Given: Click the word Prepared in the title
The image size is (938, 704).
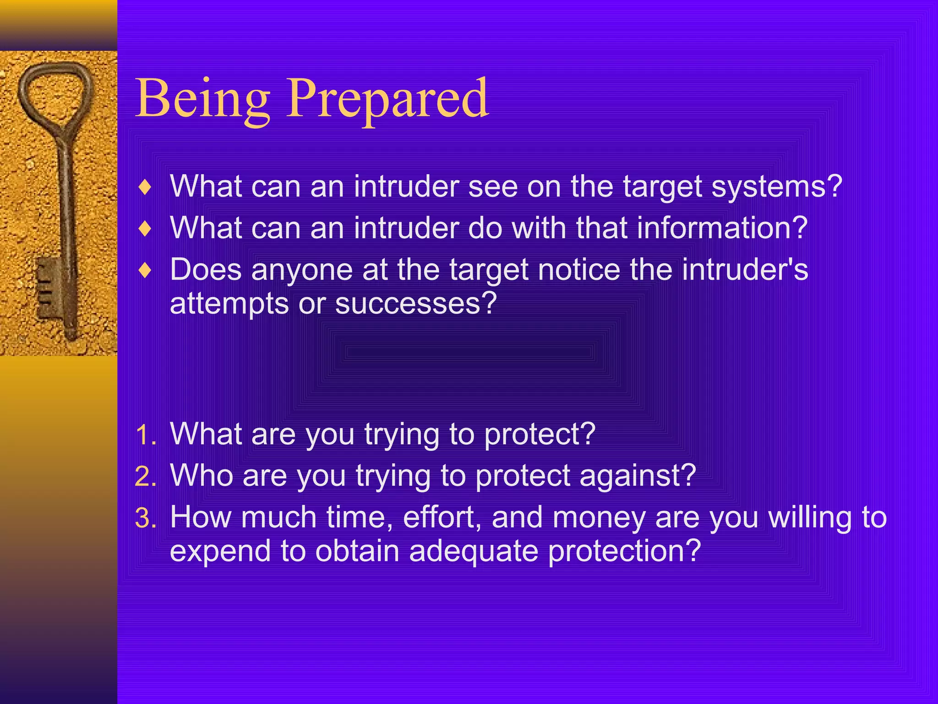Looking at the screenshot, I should click(x=387, y=99).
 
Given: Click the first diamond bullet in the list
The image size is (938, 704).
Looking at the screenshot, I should click(x=145, y=187).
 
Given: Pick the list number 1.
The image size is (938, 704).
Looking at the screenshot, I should click(x=146, y=434).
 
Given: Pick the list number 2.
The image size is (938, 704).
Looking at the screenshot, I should click(x=146, y=476).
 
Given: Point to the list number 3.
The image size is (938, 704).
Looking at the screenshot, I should click(x=146, y=518).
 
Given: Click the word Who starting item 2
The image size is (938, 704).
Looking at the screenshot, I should click(x=201, y=475).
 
